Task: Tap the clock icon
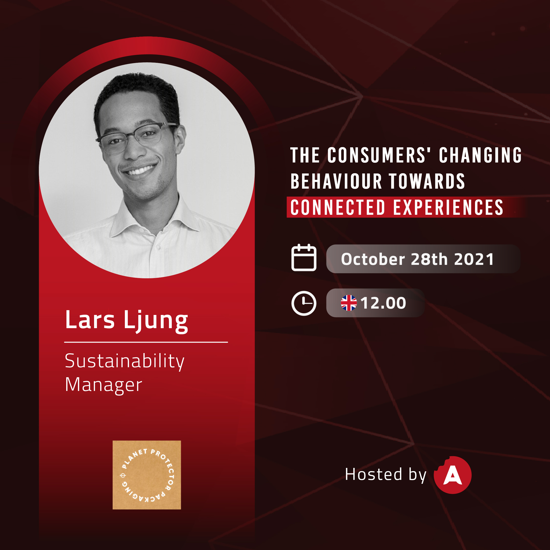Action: [x=304, y=303]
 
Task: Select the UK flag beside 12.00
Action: [x=349, y=303]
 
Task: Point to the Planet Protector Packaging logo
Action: [x=147, y=475]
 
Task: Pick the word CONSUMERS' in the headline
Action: [x=379, y=155]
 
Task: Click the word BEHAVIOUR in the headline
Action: [x=336, y=181]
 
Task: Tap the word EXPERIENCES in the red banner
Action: [x=448, y=207]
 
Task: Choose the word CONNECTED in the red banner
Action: [x=338, y=207]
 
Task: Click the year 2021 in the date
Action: [x=474, y=259]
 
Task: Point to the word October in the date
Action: [x=373, y=259]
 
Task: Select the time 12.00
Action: [x=383, y=303]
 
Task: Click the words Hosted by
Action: [x=386, y=475]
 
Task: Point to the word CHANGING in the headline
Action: [x=480, y=155]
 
